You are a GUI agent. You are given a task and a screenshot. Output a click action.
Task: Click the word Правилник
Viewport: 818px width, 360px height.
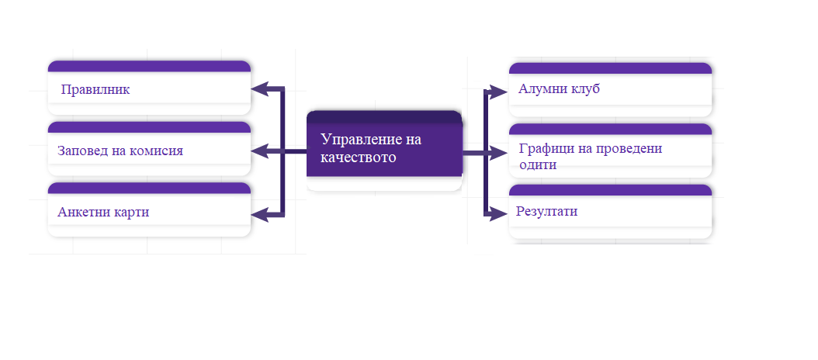point(95,90)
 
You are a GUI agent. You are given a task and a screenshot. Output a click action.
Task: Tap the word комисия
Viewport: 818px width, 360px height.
point(157,151)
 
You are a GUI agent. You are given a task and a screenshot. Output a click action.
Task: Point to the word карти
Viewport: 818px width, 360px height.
point(129,213)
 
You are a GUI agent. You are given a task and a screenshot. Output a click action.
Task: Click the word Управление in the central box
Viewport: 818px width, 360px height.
point(364,140)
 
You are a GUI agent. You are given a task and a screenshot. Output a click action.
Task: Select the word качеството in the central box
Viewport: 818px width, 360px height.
point(358,157)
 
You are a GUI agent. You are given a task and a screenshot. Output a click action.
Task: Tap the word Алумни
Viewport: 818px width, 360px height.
point(540,88)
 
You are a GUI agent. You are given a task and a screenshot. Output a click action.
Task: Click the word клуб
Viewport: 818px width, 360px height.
point(584,88)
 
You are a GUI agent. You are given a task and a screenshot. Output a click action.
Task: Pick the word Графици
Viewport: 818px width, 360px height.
point(543,149)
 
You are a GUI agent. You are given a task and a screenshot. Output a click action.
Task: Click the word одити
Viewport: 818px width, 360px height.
point(538,164)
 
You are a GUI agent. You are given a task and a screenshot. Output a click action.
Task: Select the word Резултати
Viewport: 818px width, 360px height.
point(546,212)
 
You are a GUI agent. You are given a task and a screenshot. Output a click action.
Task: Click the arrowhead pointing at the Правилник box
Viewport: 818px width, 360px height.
point(259,89)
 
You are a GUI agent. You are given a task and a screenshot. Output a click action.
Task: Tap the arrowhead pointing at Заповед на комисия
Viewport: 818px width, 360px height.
point(259,151)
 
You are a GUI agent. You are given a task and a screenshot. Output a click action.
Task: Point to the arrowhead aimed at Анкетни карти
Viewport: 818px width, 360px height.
point(259,214)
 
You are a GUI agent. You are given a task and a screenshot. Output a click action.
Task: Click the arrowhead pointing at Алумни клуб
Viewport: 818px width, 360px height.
point(499,92)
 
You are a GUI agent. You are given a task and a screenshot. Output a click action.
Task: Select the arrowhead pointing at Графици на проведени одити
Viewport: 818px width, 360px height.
point(499,153)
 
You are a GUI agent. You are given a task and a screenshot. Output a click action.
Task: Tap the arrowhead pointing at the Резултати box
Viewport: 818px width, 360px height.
point(499,213)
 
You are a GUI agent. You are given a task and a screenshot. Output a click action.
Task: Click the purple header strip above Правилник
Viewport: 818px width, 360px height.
point(149,66)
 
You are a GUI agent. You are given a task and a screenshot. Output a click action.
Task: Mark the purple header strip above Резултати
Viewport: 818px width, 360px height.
point(610,190)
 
